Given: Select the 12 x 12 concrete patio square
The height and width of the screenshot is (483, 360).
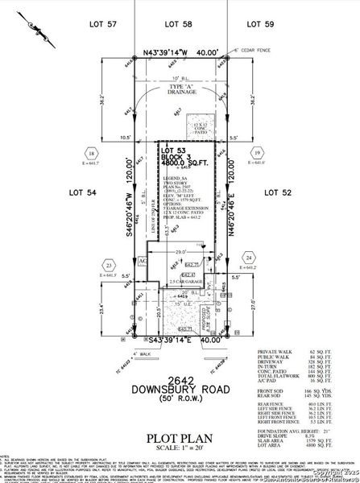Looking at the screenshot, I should point(200,127).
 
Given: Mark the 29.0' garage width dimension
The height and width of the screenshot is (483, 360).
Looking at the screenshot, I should point(188,252).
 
